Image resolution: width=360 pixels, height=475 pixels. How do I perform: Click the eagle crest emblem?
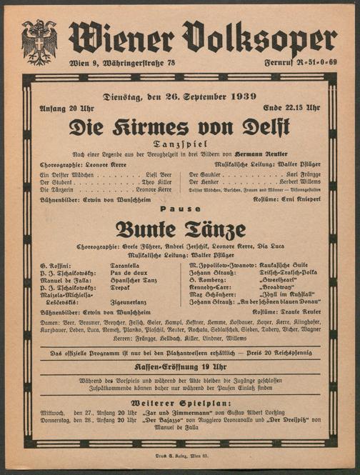point(39,41)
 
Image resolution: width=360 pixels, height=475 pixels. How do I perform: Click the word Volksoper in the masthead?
point(259,38)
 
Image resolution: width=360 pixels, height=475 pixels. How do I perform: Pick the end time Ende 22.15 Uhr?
point(293,109)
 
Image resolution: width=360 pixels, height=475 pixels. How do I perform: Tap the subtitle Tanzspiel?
point(180,144)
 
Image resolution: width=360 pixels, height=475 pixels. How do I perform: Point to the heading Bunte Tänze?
point(180,229)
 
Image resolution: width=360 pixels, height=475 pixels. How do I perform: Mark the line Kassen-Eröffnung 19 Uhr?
point(180,366)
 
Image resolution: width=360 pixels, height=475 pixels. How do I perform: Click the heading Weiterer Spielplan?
point(180,402)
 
